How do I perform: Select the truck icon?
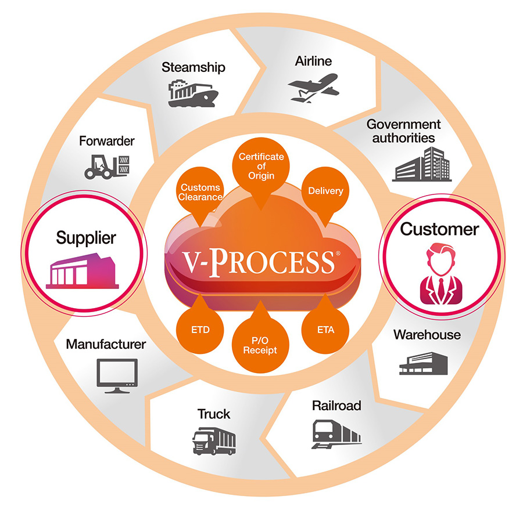pos(214,441)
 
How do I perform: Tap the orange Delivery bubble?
pos(325,191)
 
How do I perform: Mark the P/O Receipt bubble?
pos(261,345)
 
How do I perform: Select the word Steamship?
pos(194,67)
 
